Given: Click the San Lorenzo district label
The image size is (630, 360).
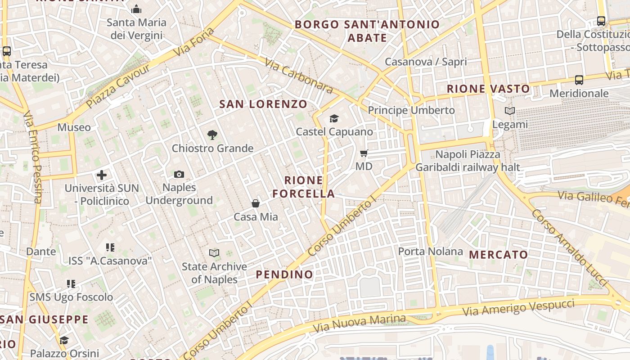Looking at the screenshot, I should click(263, 104).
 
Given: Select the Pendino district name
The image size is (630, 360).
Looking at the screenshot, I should click(284, 274).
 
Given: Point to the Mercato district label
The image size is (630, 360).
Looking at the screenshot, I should click(499, 255).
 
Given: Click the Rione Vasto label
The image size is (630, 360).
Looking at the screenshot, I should click(488, 89).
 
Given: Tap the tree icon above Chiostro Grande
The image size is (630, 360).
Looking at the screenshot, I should click(212, 135).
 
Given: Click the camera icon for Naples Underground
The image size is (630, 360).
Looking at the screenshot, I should click(179, 174).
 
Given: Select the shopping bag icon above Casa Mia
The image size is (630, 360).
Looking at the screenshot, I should click(256, 203).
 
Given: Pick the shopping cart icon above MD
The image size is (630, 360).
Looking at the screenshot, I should click(364, 153).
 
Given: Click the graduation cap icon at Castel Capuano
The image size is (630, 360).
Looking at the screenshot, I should click(334, 118).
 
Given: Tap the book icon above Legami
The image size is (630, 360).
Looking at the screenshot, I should click(509, 111).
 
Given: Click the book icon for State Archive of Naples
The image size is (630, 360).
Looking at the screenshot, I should click(214, 253).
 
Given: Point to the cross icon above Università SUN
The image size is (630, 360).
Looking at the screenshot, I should click(102, 175).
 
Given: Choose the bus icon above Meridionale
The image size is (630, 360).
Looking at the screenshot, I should click(579, 80).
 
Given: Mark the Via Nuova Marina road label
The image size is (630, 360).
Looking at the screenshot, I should click(359, 324).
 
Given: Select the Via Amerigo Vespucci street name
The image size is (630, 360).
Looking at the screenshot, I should click(518, 307).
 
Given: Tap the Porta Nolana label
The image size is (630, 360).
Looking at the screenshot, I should click(430, 251).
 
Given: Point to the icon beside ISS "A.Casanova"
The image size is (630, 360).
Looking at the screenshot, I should click(110, 247).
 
